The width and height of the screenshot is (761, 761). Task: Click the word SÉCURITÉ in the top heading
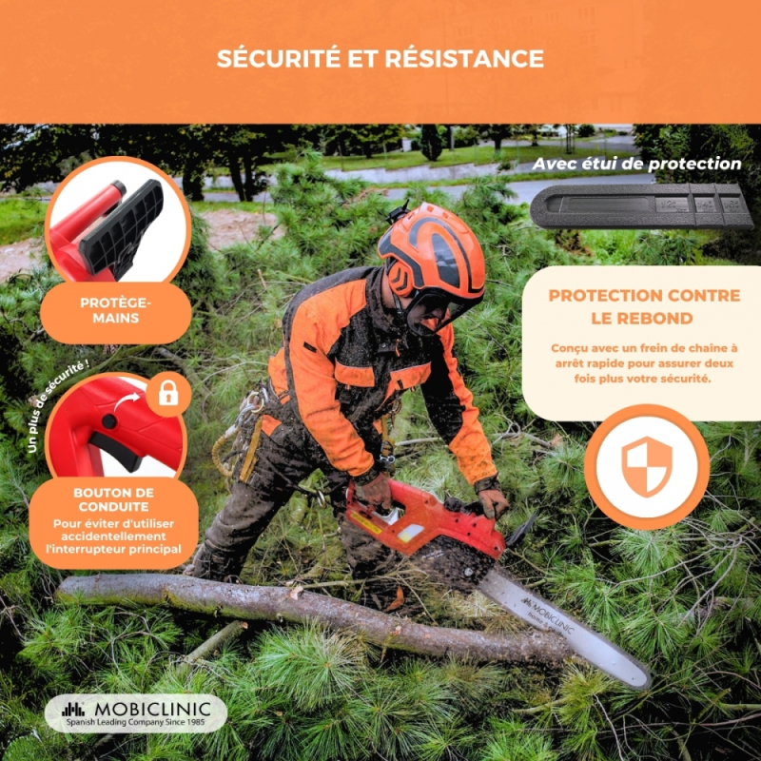coord(278,58)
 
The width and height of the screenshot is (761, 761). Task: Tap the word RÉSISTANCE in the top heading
coord(464,58)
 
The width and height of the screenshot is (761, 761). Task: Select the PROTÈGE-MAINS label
coord(115,310)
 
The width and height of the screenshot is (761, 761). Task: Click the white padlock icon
coord(168,394)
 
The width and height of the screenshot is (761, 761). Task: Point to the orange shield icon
coord(647,466)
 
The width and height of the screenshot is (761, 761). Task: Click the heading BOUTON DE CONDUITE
coord(113,499)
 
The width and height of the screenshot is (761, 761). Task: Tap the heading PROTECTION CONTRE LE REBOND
coord(644,306)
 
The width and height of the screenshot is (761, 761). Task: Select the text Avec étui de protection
coord(636,164)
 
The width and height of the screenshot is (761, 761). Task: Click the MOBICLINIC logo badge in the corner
coord(136,712)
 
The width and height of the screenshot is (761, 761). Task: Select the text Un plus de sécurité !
coord(56,407)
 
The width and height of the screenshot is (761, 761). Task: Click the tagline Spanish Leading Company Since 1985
coord(135,722)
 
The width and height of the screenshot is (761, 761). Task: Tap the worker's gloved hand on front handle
coord(492,502)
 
